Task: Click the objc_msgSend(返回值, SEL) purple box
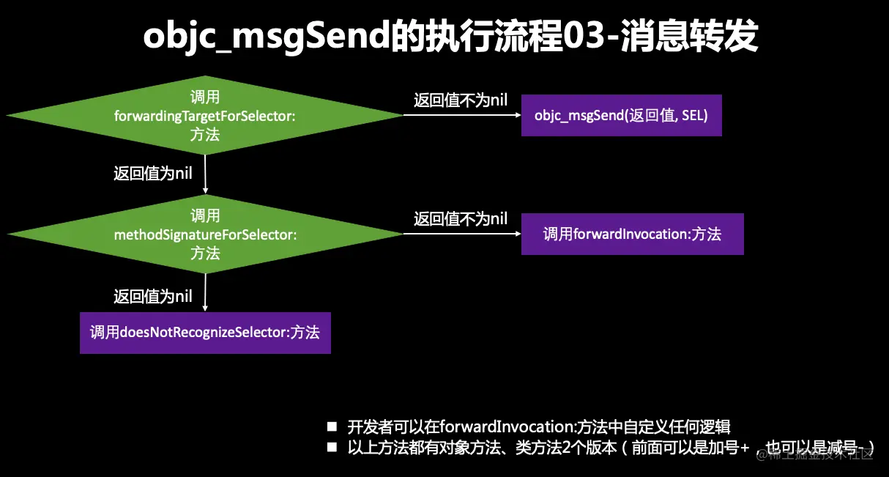(x=621, y=116)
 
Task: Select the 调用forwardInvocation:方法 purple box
(x=632, y=234)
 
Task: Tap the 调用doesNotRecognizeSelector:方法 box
(x=205, y=333)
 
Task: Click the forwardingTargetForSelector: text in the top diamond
(x=205, y=116)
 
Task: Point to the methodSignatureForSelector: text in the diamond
(x=205, y=235)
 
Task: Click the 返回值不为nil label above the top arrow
(x=460, y=100)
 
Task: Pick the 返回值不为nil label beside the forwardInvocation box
(x=460, y=218)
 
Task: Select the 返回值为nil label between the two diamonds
(x=153, y=174)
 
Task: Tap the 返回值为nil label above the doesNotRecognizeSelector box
(x=153, y=297)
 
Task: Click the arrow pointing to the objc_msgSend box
(x=461, y=115)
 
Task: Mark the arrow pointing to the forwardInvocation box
(x=461, y=234)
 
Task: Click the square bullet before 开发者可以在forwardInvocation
(x=332, y=426)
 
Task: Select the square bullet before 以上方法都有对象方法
(x=332, y=447)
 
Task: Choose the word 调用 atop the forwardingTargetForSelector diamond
(x=205, y=97)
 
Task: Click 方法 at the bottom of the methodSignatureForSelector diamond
(x=205, y=254)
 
